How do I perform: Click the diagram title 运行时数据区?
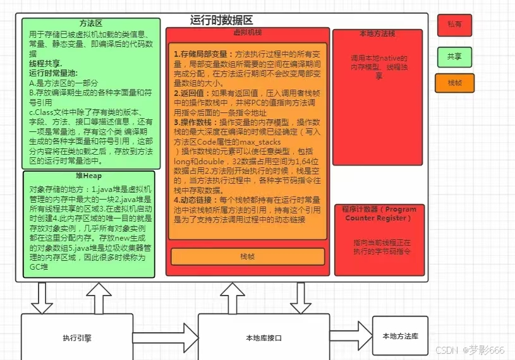click(x=222, y=20)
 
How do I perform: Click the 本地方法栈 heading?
click(x=377, y=33)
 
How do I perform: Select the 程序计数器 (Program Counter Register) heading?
click(x=379, y=213)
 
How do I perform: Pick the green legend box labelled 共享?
click(x=454, y=57)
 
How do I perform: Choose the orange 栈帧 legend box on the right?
click(x=454, y=83)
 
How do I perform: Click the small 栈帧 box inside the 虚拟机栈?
click(x=248, y=256)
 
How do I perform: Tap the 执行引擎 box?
click(x=77, y=337)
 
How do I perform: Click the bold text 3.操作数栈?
click(x=197, y=121)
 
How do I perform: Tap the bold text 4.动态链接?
click(x=197, y=198)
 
